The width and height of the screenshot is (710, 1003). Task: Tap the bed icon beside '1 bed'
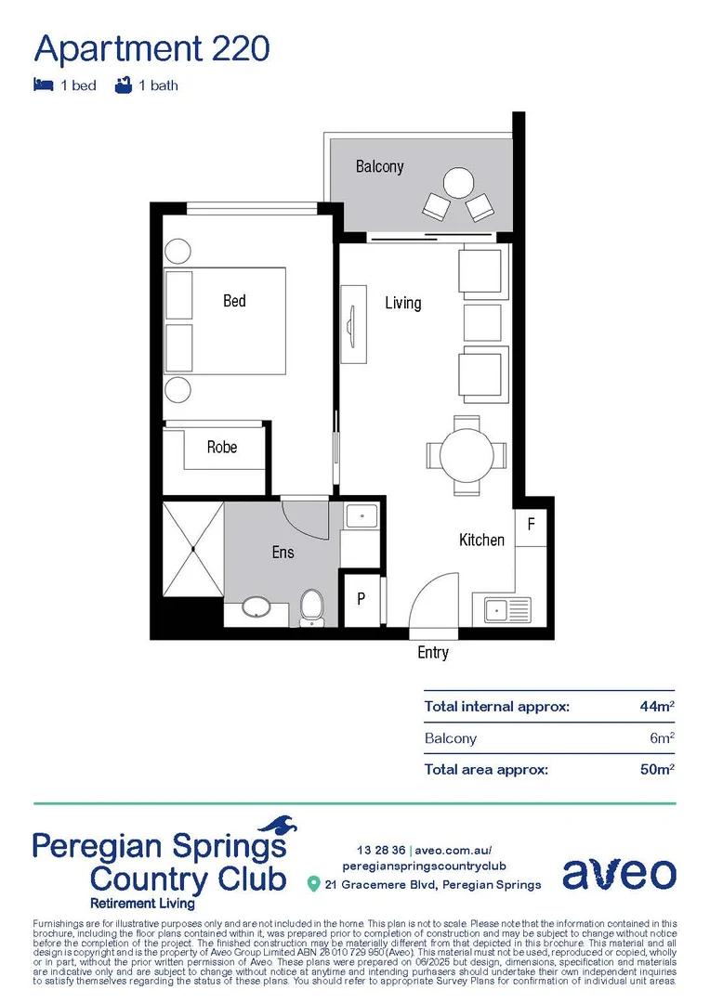coord(43,85)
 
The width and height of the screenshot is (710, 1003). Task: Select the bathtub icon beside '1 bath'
coord(122,85)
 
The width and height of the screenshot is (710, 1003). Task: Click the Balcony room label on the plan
coord(379,166)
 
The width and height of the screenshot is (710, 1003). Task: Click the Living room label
coord(403,303)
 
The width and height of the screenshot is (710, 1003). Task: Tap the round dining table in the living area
coord(467,455)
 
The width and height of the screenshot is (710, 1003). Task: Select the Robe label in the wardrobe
coord(222,447)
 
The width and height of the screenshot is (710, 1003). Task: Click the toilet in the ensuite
coord(311,607)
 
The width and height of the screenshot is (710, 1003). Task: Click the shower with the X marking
coord(193,549)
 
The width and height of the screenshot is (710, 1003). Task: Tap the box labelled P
coord(362,600)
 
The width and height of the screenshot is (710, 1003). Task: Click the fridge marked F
coord(531,524)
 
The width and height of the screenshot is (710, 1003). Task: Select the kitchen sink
coord(502,611)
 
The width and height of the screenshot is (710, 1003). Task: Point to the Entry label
coord(433,653)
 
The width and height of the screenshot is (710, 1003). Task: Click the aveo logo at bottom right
coord(619,873)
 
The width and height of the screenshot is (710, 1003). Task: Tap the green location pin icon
coord(314,883)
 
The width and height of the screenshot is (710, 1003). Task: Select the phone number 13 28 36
coord(381,850)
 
